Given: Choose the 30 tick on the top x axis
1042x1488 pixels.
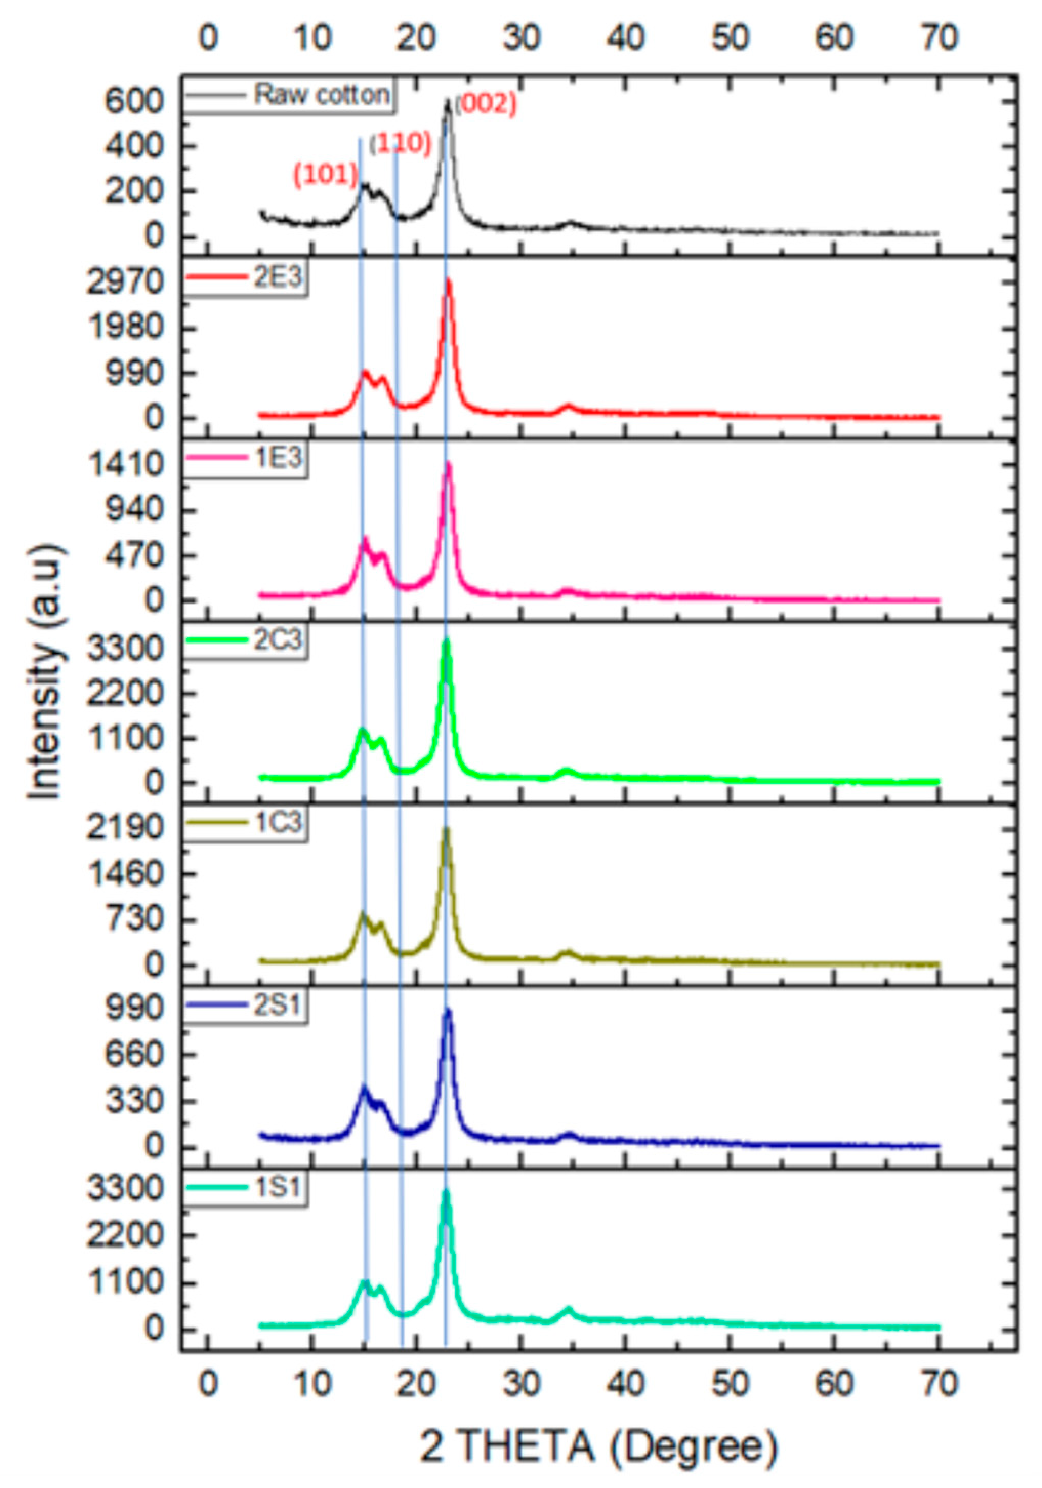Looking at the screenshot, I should [x=522, y=38].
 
